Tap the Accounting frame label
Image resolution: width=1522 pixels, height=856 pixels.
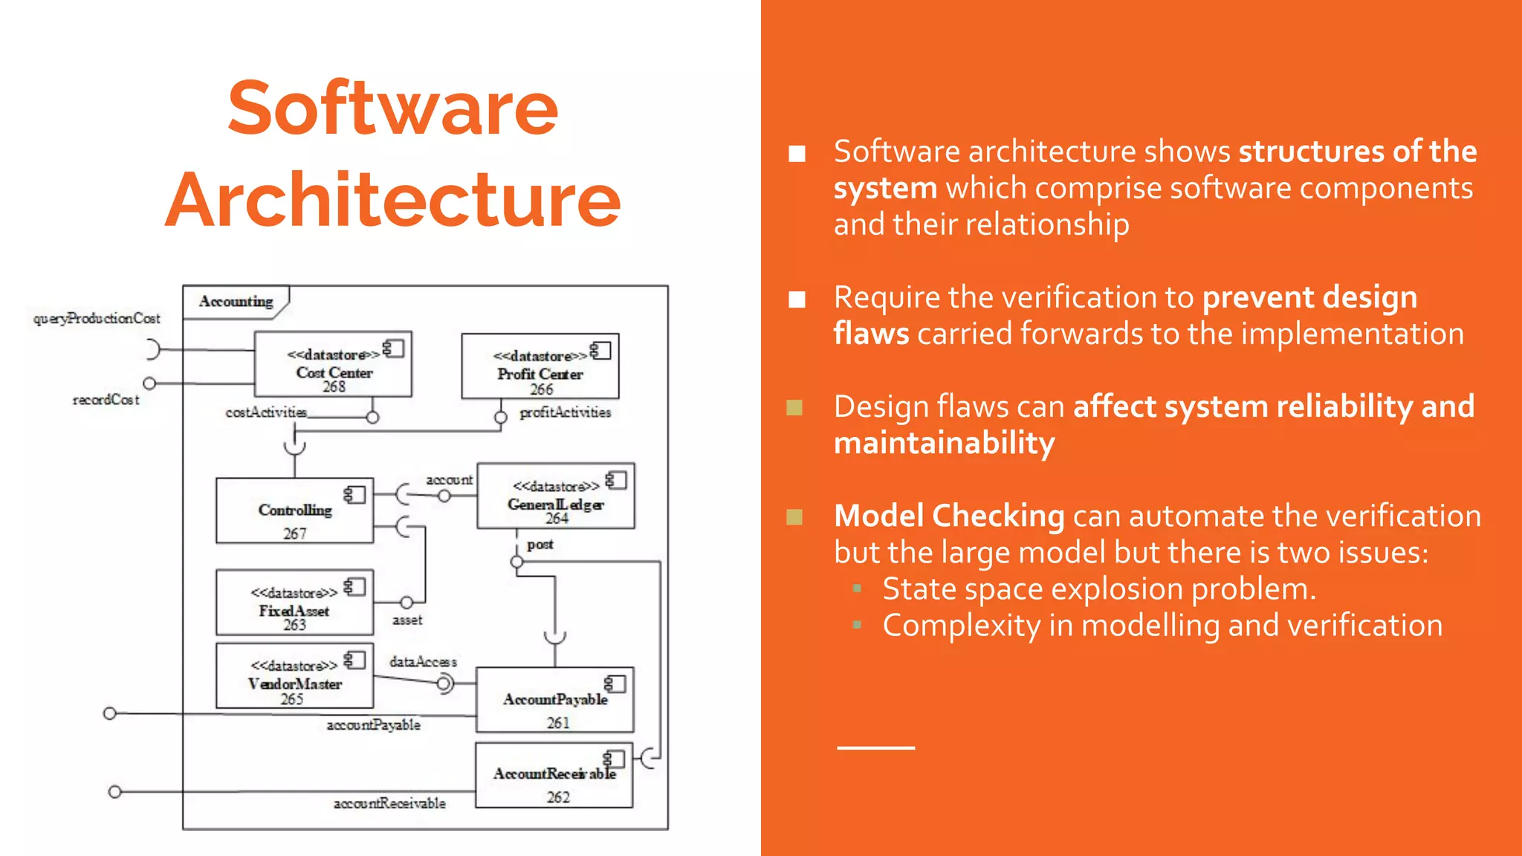236,302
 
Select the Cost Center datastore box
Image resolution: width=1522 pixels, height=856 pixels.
333,364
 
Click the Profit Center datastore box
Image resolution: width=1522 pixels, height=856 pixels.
540,366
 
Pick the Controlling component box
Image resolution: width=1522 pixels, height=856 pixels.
295,510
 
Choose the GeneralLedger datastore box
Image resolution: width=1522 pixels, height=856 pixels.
556,496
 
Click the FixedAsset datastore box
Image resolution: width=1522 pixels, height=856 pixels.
294,603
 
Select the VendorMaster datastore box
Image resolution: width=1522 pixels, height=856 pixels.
294,675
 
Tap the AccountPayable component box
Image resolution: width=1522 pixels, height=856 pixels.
555,700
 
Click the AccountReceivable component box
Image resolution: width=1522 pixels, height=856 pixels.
554,775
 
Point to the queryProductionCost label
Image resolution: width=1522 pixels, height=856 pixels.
97,319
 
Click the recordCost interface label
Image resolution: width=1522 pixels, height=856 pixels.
106,400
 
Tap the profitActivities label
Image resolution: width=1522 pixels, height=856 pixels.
565,412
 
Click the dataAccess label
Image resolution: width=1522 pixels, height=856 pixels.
423,661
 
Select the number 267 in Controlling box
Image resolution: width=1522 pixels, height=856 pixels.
295,534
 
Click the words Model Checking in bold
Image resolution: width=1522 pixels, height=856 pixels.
949,516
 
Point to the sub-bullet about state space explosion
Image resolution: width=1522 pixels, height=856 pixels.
1099,589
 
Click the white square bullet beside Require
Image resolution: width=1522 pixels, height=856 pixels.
797,299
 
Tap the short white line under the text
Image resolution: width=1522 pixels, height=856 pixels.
875,748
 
